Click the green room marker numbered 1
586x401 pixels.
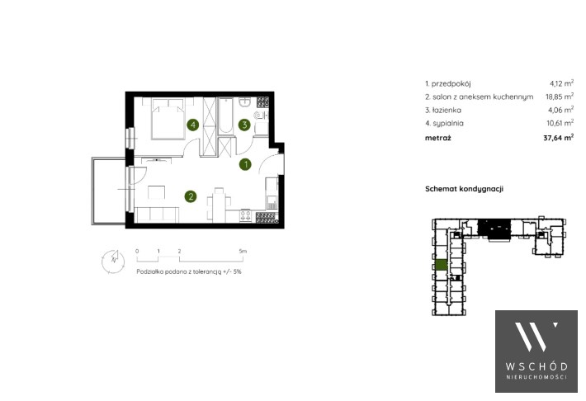(x=245, y=164)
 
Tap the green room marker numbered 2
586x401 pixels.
(x=191, y=196)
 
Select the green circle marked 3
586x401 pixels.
(x=244, y=125)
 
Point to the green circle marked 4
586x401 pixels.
(x=193, y=125)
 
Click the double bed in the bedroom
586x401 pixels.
(x=168, y=119)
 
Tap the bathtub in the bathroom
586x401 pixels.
(x=225, y=116)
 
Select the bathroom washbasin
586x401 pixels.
(x=245, y=102)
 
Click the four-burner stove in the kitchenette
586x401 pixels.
(x=245, y=216)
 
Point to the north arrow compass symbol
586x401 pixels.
(x=113, y=261)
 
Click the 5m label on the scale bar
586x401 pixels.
(x=243, y=251)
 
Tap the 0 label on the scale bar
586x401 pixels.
(x=137, y=251)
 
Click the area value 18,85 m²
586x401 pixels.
(x=560, y=96)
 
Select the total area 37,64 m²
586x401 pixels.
(x=558, y=138)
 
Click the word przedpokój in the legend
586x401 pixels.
(x=451, y=84)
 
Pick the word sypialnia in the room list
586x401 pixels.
(x=448, y=123)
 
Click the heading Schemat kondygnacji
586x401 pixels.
(x=464, y=189)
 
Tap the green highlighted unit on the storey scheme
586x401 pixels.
(x=442, y=265)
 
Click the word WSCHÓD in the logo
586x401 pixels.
(x=536, y=366)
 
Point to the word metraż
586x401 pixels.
(x=438, y=138)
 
